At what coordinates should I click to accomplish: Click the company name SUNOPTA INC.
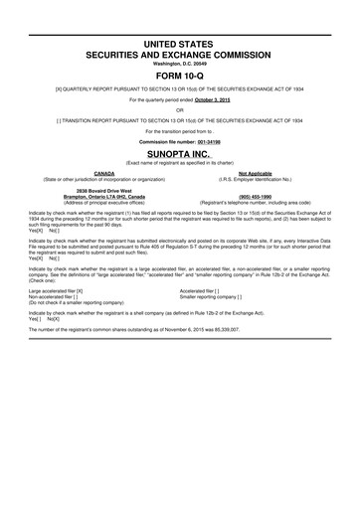(179, 156)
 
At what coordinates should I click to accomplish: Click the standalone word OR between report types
(179, 109)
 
